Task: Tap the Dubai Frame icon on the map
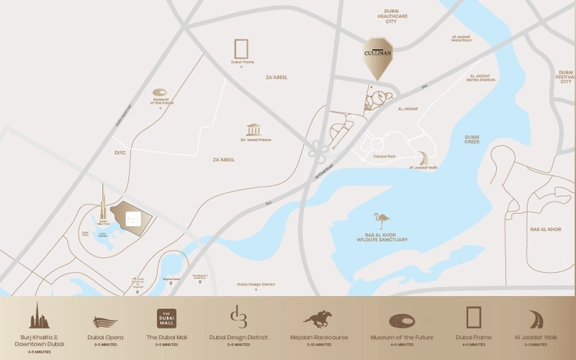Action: coord(241,48)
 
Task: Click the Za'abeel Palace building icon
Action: coord(253,130)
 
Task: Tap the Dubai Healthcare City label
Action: coord(392,15)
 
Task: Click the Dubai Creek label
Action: coord(472,140)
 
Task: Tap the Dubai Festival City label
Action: coord(566,77)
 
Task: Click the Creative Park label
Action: coord(384,156)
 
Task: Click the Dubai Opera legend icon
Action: coord(105,322)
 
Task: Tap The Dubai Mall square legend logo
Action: coord(166,318)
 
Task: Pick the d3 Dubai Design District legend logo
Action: coord(238,317)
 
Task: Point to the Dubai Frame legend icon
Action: coord(473,318)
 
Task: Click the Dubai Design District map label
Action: coord(256,284)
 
